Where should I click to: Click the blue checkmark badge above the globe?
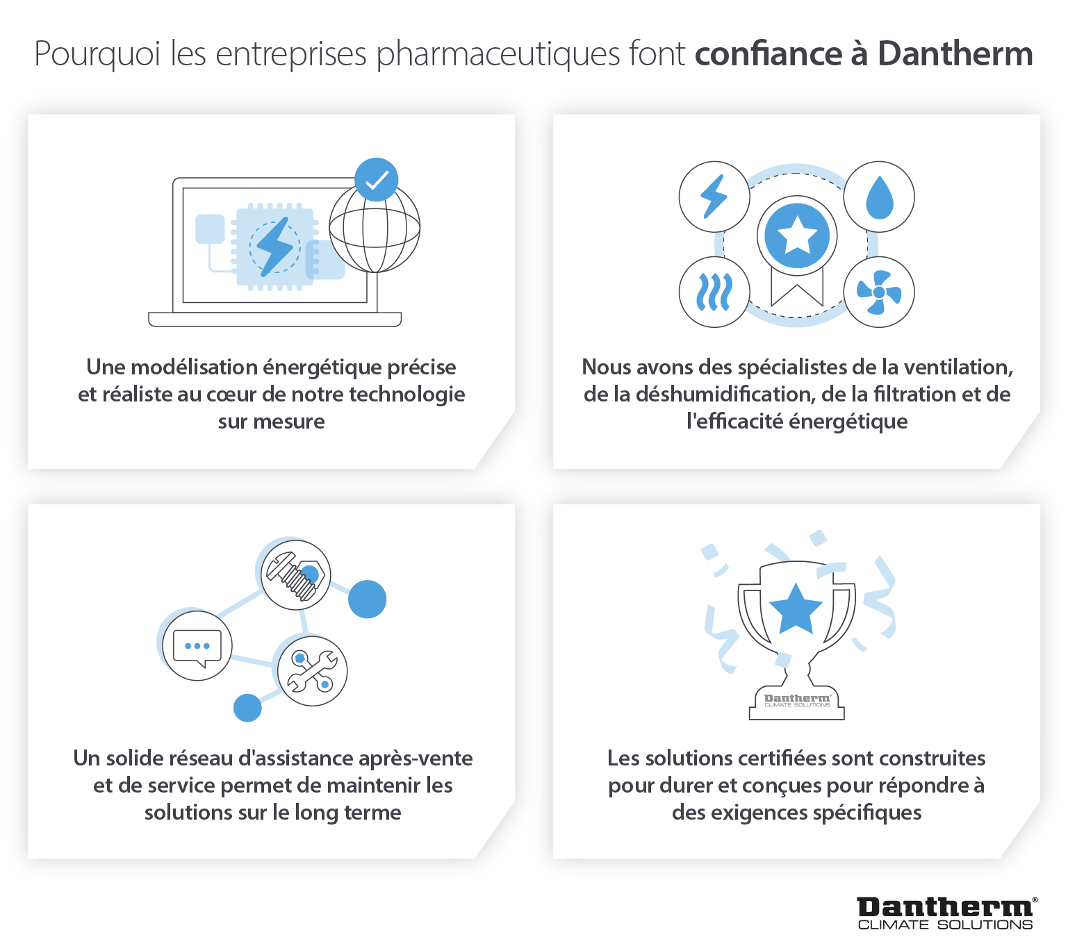(376, 180)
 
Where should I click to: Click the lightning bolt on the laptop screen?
(274, 246)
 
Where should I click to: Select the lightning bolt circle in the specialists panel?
(714, 197)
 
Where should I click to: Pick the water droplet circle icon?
(879, 197)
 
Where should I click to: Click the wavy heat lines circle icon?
(714, 292)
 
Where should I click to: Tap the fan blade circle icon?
(879, 292)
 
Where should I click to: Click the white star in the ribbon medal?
(796, 235)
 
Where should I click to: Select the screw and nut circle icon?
(296, 575)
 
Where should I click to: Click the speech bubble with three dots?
(197, 646)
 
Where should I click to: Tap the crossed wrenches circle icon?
(312, 671)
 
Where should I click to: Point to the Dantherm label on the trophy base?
(796, 700)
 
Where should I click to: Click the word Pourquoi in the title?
(97, 54)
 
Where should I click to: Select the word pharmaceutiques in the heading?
(498, 54)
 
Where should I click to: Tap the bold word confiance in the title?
(769, 54)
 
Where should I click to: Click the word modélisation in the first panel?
(194, 367)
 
